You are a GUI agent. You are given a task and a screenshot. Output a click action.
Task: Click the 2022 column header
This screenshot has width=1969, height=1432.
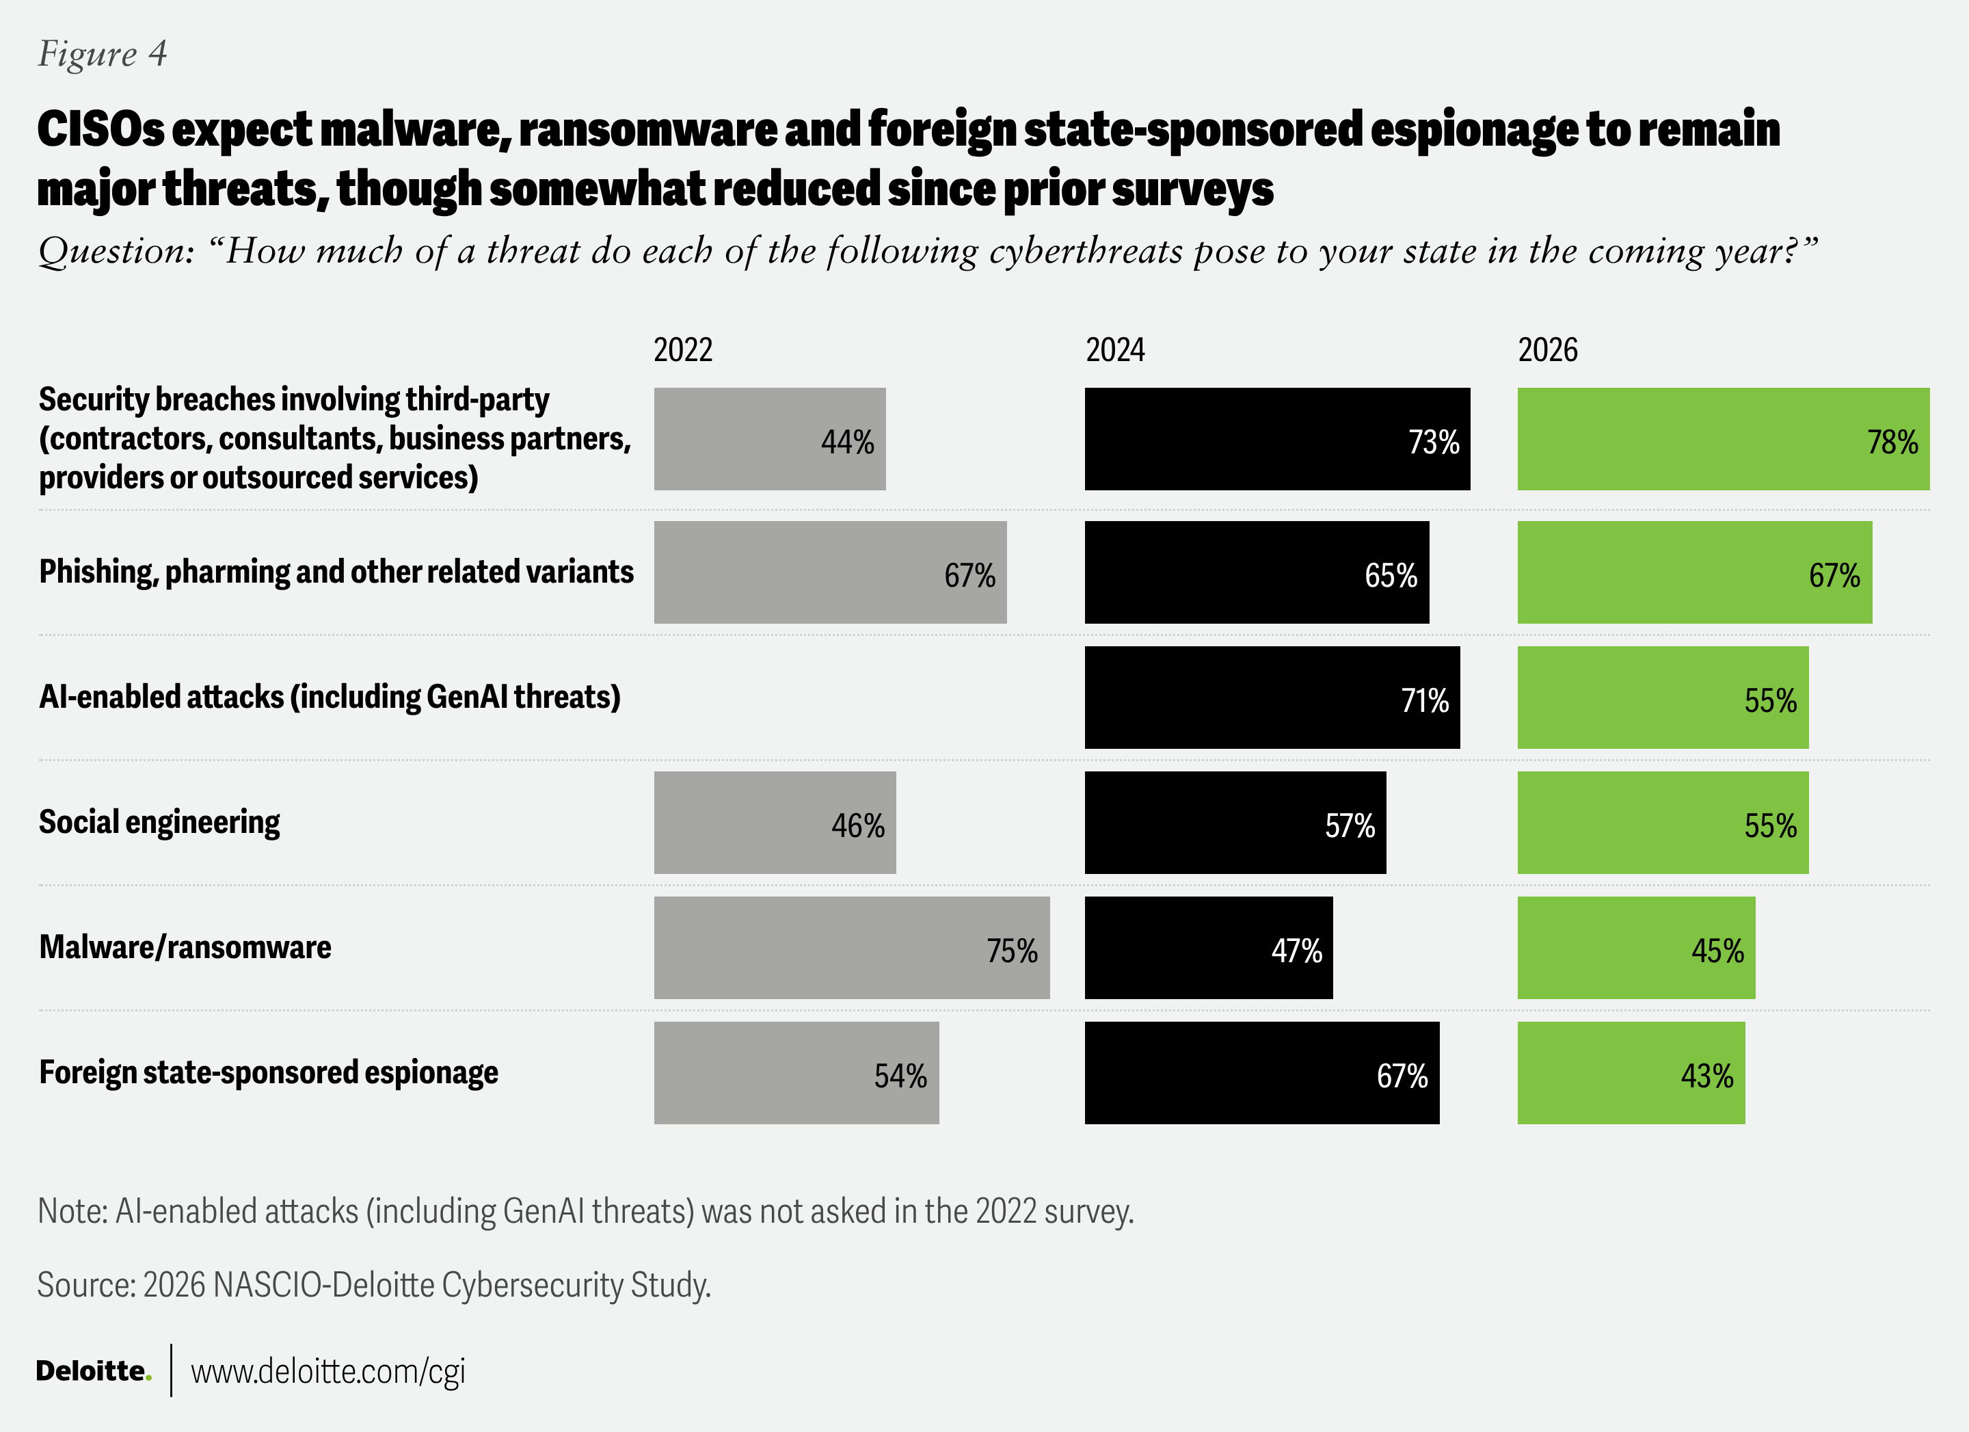tap(682, 350)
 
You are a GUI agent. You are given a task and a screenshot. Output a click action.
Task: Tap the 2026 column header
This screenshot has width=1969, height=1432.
tap(1547, 350)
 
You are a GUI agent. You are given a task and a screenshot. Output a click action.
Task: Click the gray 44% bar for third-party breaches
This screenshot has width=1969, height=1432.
tap(769, 440)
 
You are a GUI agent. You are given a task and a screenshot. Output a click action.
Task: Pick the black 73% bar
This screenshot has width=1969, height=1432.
tap(1276, 440)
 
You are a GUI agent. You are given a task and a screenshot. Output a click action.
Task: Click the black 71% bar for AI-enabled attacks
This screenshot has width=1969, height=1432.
tap(1271, 698)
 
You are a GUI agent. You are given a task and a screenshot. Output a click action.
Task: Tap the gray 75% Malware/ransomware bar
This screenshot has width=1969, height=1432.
tap(850, 947)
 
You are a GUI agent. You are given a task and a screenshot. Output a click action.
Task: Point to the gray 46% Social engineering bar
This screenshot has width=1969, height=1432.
tap(775, 823)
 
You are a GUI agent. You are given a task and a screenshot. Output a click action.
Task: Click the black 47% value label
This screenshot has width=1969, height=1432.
tap(1296, 951)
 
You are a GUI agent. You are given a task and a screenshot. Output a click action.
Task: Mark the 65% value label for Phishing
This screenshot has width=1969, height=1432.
tap(1390, 576)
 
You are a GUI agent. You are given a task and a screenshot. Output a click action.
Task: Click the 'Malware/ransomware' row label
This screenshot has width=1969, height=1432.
tap(185, 947)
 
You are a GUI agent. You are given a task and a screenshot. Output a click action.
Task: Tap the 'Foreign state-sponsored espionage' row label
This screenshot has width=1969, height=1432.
tap(268, 1072)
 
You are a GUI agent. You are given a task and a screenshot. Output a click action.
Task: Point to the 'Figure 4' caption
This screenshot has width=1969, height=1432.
tap(103, 54)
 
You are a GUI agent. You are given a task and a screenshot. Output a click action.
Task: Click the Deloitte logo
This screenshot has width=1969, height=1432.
tap(93, 1371)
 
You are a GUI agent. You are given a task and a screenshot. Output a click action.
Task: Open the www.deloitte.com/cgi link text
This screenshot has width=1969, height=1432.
tap(328, 1371)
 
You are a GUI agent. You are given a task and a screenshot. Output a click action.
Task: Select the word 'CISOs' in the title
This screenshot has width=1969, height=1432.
tap(100, 129)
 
